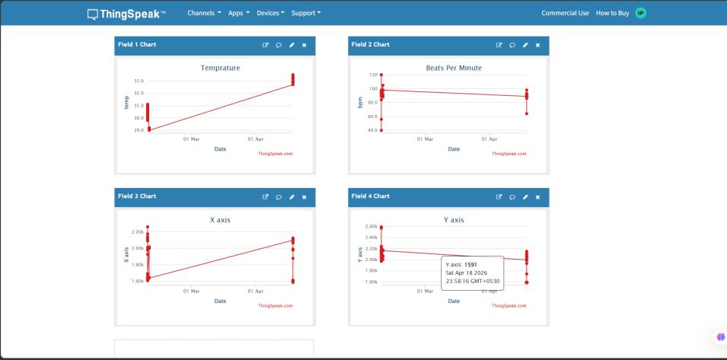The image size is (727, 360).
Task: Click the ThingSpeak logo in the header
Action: [x=126, y=14]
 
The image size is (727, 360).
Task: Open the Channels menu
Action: [x=204, y=13]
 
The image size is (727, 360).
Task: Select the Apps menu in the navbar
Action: [x=239, y=13]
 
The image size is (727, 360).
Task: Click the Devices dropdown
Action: [x=270, y=13]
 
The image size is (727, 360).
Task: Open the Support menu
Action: [x=306, y=13]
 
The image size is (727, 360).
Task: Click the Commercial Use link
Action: [x=565, y=13]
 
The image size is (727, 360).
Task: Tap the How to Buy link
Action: [x=613, y=13]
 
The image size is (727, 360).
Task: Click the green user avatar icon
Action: [x=640, y=13]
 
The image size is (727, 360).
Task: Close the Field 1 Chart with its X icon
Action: [x=305, y=45]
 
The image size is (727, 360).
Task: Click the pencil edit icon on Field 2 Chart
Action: [x=525, y=45]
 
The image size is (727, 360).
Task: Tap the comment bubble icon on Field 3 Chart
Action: [x=279, y=197]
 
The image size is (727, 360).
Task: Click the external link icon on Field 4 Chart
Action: [x=499, y=197]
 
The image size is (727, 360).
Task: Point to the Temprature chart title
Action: [x=220, y=68]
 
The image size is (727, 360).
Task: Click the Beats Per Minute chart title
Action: [x=454, y=68]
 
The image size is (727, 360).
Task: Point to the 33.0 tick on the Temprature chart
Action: [x=139, y=81]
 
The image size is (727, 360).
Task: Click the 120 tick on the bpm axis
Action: [x=373, y=75]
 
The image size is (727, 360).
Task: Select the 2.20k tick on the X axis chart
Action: [x=138, y=231]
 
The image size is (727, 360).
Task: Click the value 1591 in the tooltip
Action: [x=470, y=265]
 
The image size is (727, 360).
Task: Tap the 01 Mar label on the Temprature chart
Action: [x=191, y=139]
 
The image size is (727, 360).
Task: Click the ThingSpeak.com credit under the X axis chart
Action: [x=276, y=306]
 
